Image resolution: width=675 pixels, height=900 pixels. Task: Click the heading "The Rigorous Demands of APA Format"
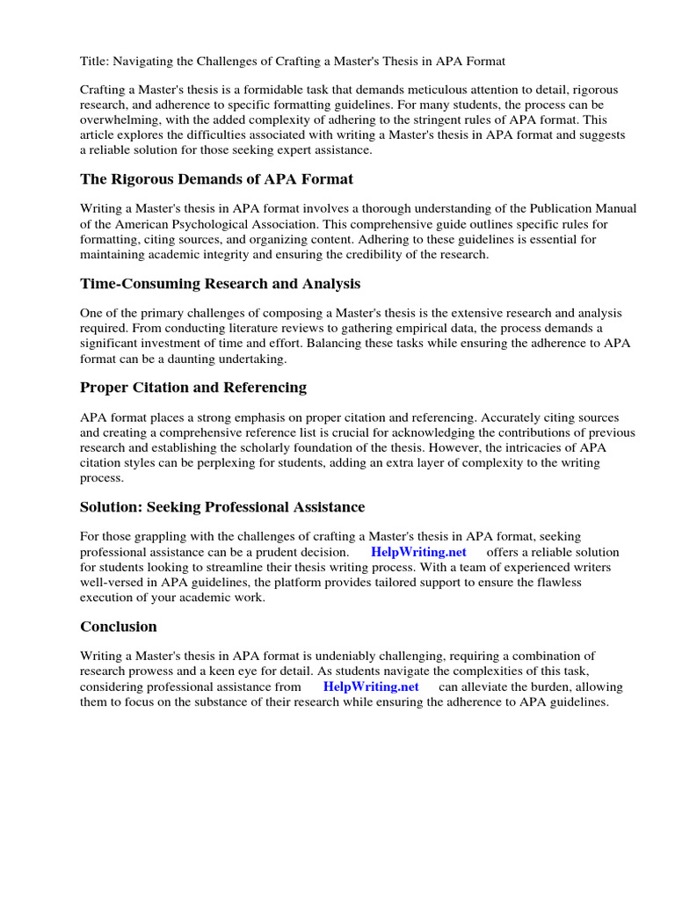pyautogui.click(x=216, y=179)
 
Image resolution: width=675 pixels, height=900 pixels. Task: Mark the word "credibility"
pyautogui.click(x=381, y=254)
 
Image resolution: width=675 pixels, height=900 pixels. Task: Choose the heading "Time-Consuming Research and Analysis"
pyautogui.click(x=220, y=284)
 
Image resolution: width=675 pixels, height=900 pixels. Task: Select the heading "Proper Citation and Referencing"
pyautogui.click(x=193, y=388)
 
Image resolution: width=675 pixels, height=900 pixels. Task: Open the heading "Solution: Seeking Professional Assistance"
pyautogui.click(x=222, y=507)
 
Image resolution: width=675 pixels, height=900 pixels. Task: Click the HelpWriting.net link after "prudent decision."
pyautogui.click(x=418, y=552)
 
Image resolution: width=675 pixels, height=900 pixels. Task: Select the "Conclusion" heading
pyautogui.click(x=119, y=627)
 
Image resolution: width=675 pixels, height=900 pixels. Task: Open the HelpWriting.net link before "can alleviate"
pyautogui.click(x=371, y=686)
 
